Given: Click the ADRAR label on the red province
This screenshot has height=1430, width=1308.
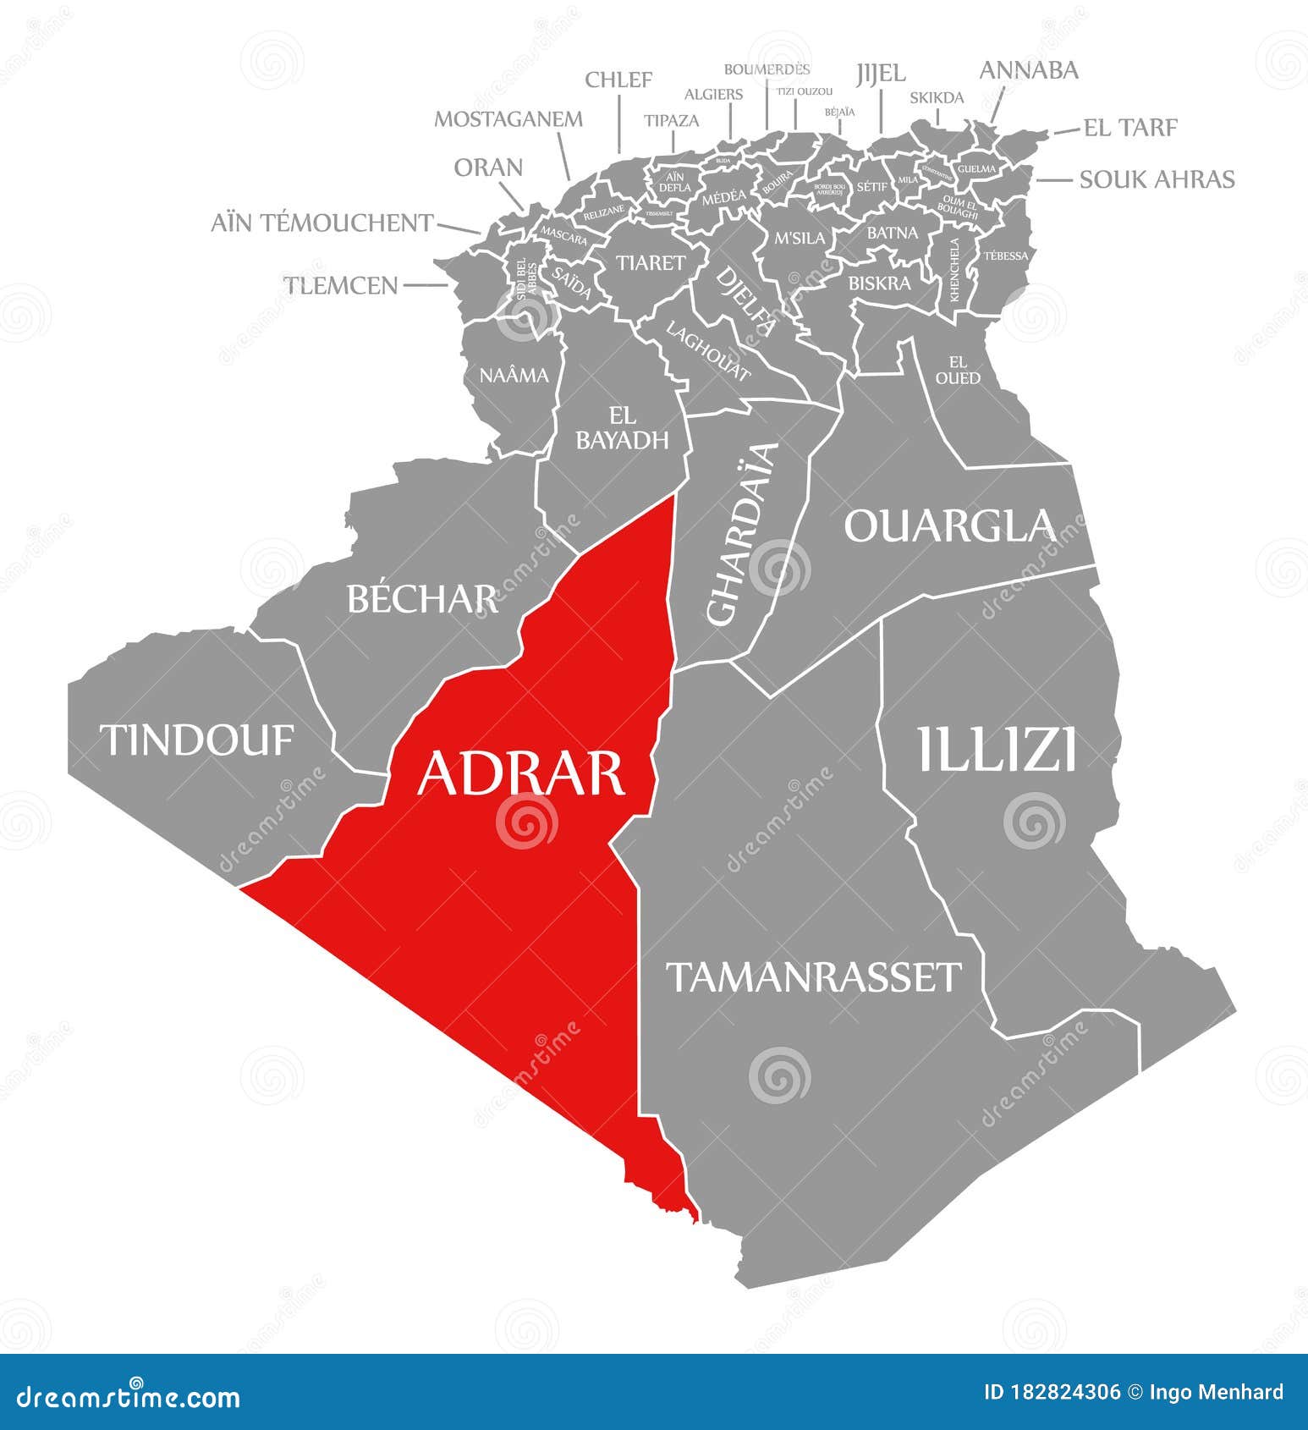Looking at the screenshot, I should (x=520, y=773).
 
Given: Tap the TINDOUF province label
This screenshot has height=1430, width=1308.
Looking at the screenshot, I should (x=197, y=740).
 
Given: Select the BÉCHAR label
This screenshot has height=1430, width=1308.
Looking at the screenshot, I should (x=421, y=599).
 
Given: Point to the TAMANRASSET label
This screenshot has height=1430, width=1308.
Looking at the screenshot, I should (x=814, y=976).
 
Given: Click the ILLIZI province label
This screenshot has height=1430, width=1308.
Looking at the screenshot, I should (x=997, y=749).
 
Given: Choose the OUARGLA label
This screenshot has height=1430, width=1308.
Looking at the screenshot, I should (x=949, y=525).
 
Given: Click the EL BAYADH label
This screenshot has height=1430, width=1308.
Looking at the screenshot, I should (x=622, y=428).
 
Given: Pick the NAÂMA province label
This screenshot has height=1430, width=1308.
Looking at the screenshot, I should (x=514, y=375).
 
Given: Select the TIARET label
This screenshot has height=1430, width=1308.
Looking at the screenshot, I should (x=650, y=263).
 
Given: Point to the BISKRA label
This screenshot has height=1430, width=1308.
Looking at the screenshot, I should (x=879, y=283).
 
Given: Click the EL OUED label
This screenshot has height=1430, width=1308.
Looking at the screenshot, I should (x=958, y=370).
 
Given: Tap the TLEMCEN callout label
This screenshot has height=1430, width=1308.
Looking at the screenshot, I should (x=340, y=285).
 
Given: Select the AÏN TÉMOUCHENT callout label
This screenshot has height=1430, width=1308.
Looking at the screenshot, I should (x=322, y=223).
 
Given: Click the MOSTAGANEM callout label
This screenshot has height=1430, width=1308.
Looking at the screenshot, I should (x=508, y=119).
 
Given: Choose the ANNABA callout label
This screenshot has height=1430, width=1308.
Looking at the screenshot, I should (x=1028, y=70).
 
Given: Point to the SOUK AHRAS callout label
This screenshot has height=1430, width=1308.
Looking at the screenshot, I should (x=1157, y=179).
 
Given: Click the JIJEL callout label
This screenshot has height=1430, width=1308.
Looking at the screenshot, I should (x=880, y=74).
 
